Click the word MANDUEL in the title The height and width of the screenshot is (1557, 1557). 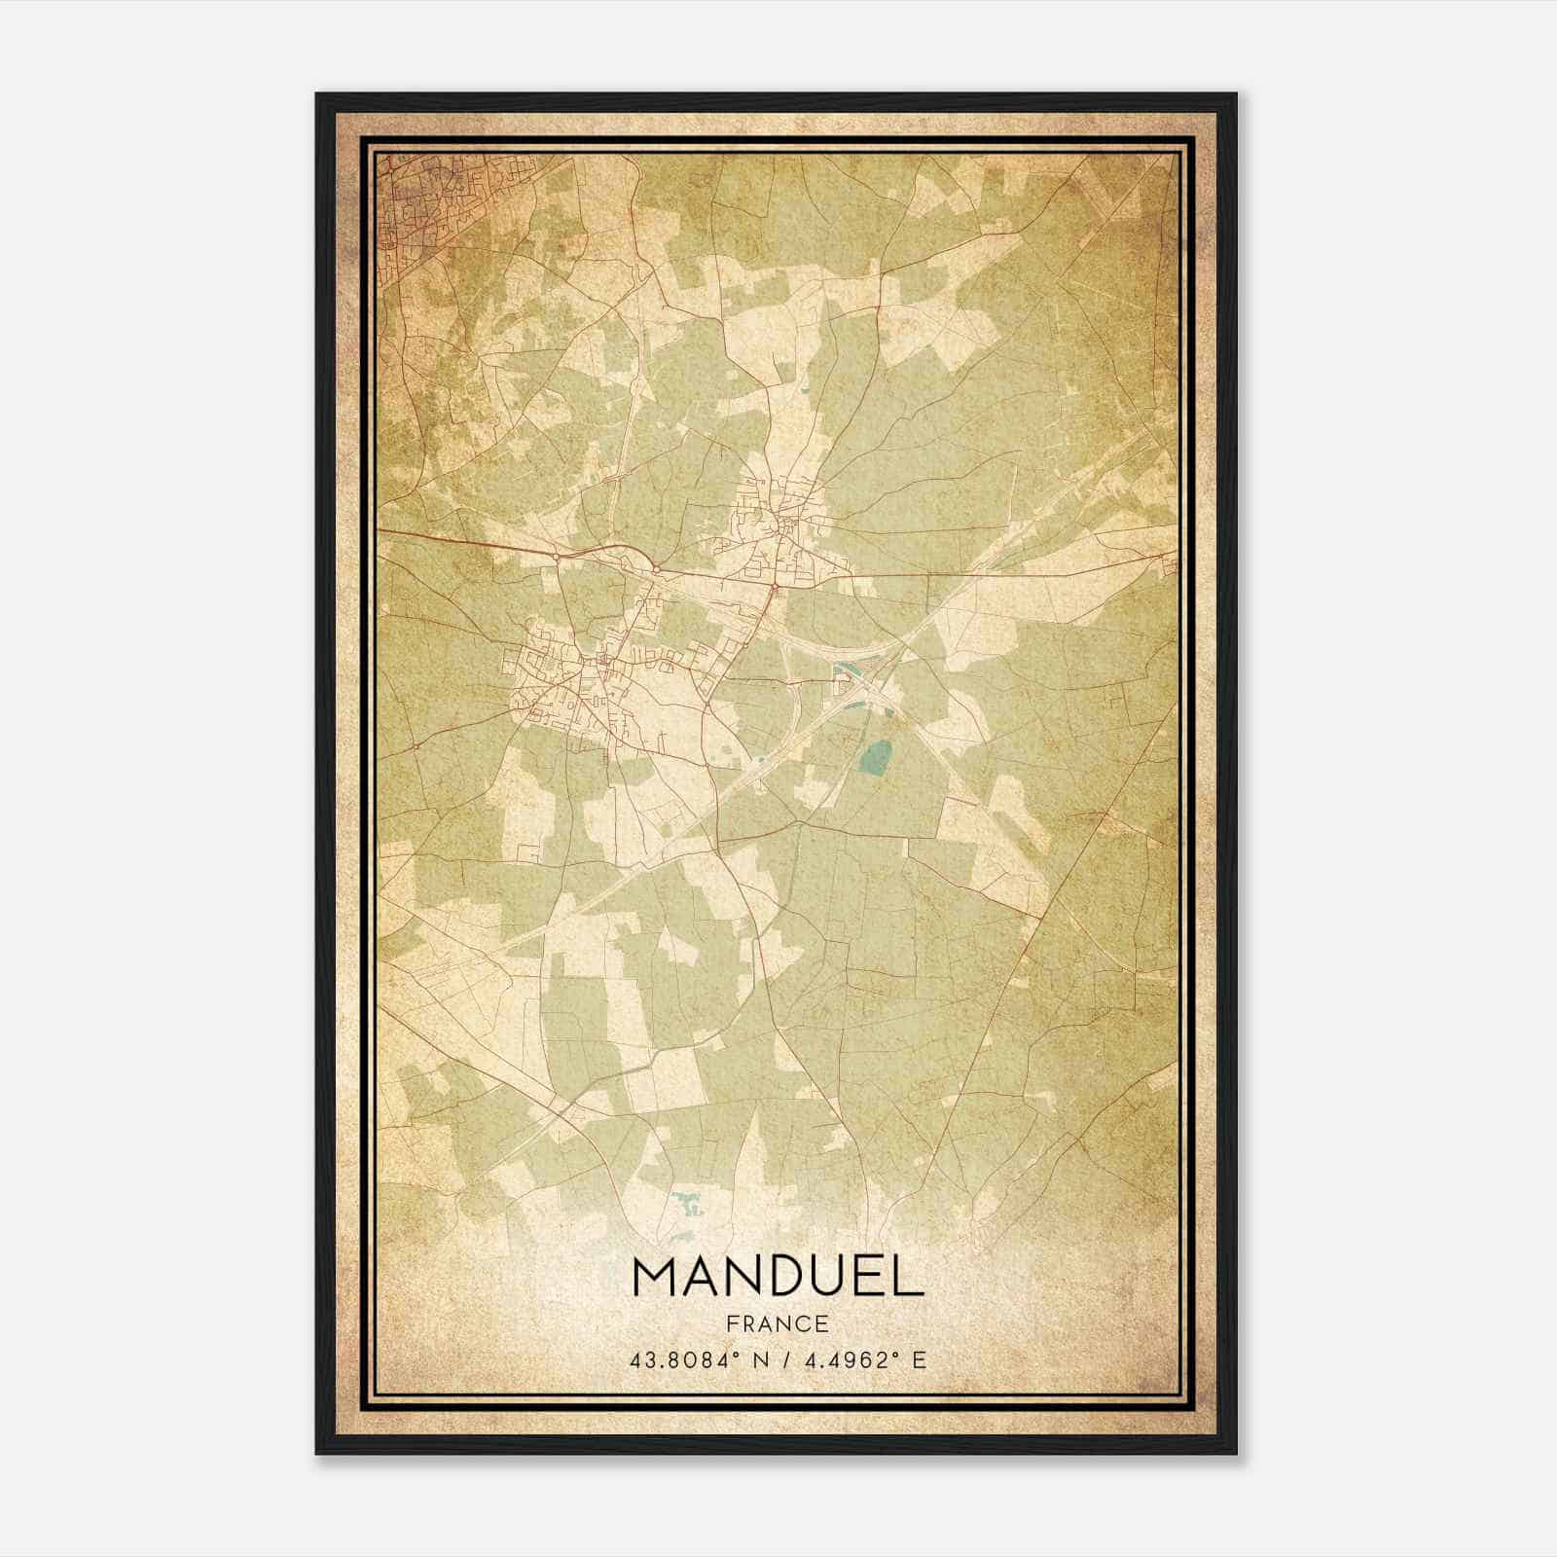pos(778,1277)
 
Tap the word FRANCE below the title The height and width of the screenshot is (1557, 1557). pos(778,1323)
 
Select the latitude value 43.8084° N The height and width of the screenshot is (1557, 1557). pos(693,1359)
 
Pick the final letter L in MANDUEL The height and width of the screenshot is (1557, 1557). pos(907,1277)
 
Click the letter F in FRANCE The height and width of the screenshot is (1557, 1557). pos(732,1323)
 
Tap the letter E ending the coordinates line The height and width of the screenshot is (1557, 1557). pos(920,1359)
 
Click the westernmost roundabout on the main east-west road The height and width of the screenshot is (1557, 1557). pos(555,557)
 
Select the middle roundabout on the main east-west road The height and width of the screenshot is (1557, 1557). pos(658,568)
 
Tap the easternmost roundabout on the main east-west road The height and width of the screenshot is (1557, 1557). pos(774,587)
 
